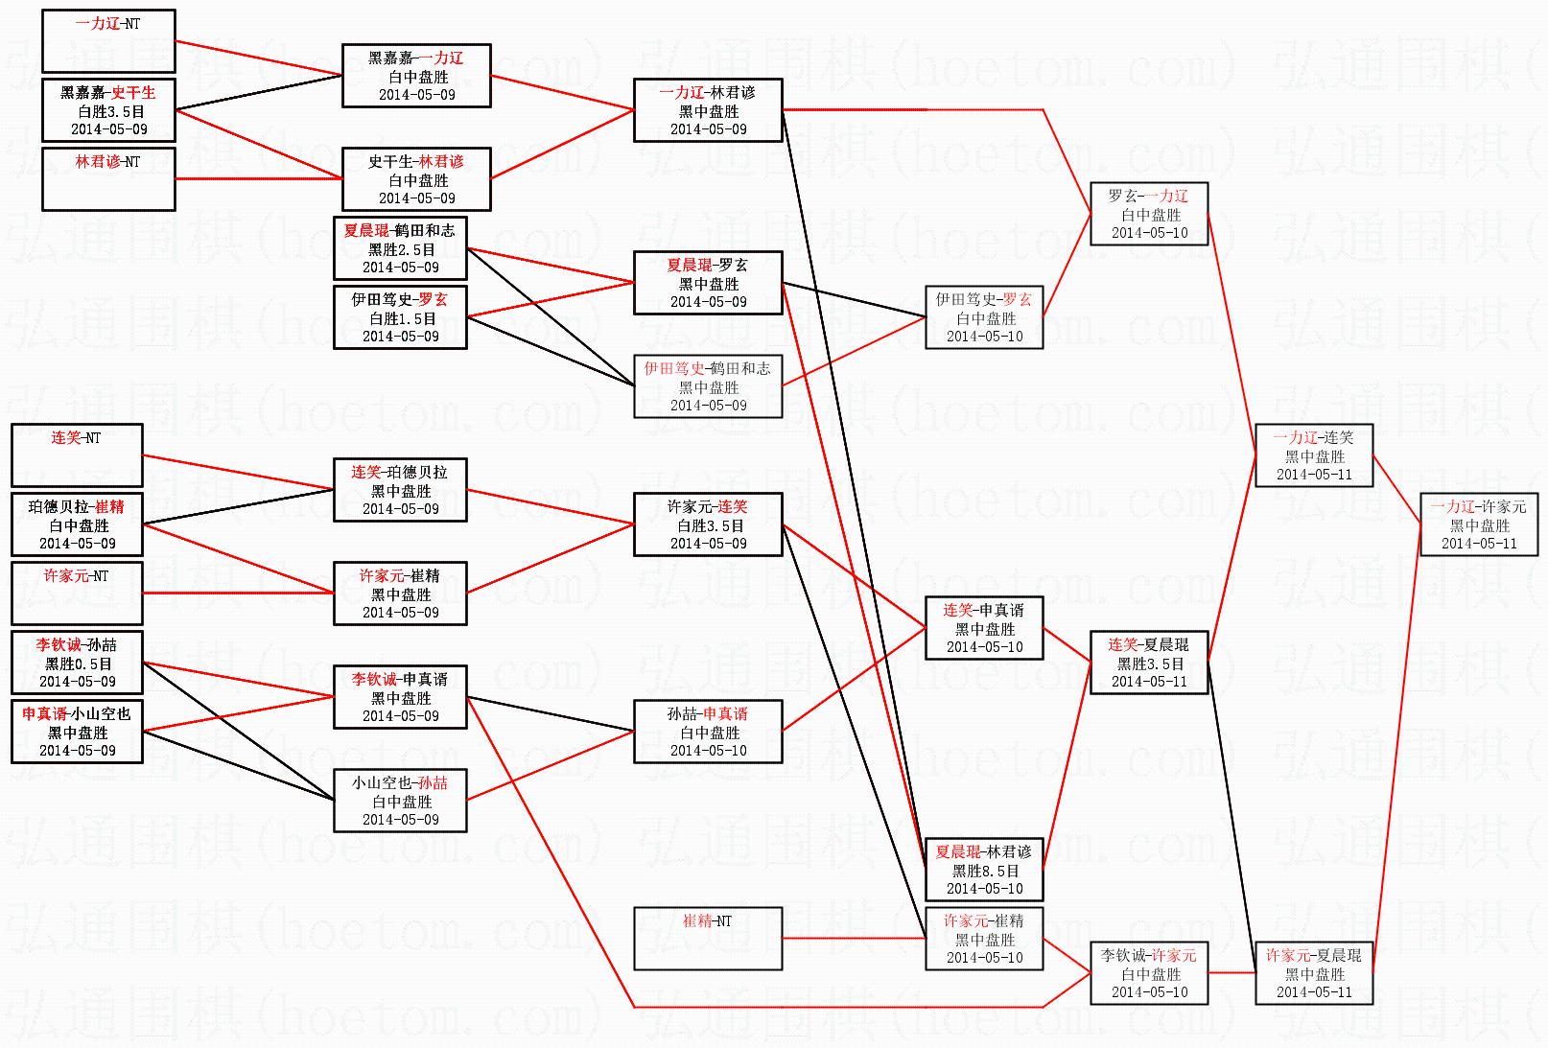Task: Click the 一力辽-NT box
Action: point(108,41)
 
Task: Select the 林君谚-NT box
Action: point(108,178)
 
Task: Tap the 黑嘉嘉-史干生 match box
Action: point(108,110)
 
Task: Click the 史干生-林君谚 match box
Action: point(416,179)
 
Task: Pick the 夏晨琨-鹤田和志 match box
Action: point(400,247)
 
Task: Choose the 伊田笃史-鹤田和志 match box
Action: point(708,386)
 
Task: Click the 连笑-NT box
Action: point(77,454)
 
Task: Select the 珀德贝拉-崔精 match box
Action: point(77,524)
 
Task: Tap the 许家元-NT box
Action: point(77,593)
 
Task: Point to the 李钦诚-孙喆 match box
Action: point(77,662)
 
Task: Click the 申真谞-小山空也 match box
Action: point(77,731)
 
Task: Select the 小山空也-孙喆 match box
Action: point(400,801)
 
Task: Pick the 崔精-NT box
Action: point(708,938)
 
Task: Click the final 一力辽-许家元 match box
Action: point(1478,524)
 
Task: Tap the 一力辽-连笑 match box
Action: point(1314,455)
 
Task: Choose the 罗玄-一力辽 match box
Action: point(1149,214)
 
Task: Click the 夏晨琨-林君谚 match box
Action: point(984,870)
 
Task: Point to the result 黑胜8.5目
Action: point(985,871)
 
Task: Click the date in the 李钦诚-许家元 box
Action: point(1149,992)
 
